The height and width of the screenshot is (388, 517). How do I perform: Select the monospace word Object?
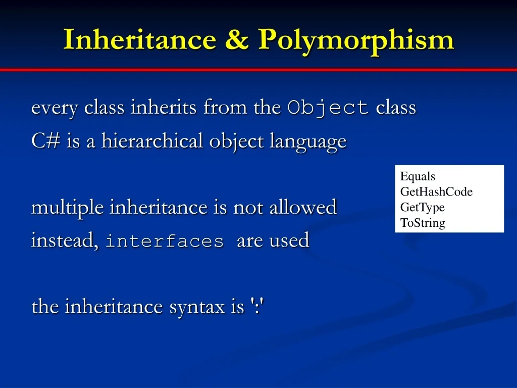coord(328,108)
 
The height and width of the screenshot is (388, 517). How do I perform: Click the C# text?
coord(46,141)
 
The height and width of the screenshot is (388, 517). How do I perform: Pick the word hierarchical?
coord(153,141)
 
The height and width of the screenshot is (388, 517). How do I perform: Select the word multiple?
coord(68,208)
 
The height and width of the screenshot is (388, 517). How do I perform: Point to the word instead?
coord(65,240)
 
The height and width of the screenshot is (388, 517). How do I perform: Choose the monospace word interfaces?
coord(165,241)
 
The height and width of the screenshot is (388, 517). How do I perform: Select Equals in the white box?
coord(418,176)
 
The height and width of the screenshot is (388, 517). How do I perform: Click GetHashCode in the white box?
coord(436,192)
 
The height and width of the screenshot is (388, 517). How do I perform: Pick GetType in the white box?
coord(422,207)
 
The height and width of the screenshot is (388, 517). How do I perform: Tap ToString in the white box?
coord(423,223)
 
